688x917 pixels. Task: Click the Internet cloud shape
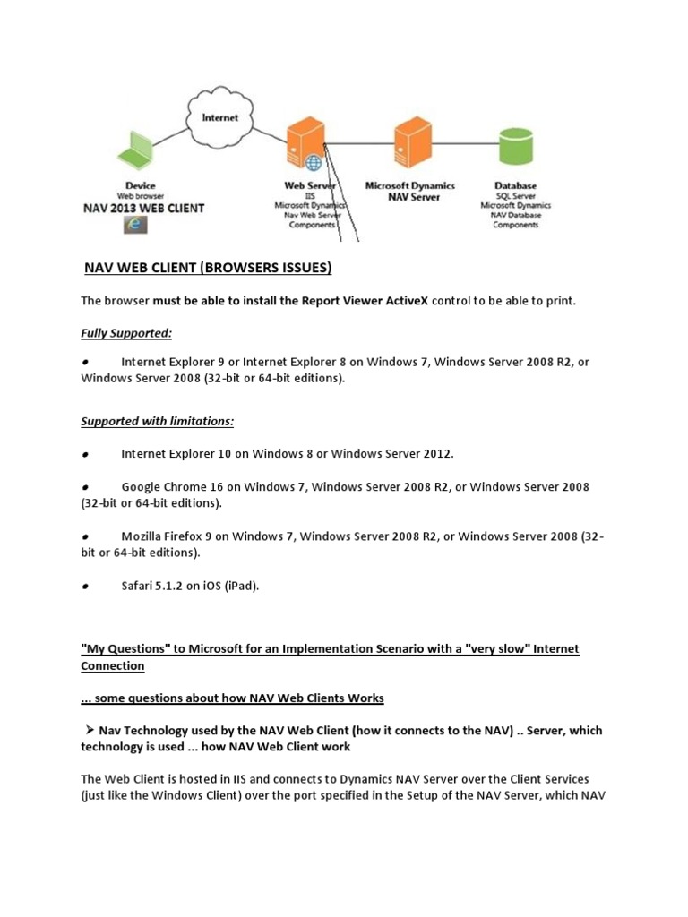click(x=220, y=117)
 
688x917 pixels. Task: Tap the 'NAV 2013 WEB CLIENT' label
click(x=143, y=208)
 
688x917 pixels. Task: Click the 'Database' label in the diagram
click(x=515, y=185)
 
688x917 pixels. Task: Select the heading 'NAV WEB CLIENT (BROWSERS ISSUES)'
click(x=208, y=267)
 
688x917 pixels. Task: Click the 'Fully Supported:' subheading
click(x=126, y=332)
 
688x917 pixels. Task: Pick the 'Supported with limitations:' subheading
click(x=157, y=420)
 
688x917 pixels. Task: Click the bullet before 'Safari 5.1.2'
click(x=84, y=587)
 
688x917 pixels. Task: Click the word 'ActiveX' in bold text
click(x=404, y=300)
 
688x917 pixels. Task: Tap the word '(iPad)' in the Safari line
click(x=238, y=586)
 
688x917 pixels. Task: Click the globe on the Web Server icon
click(x=314, y=163)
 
